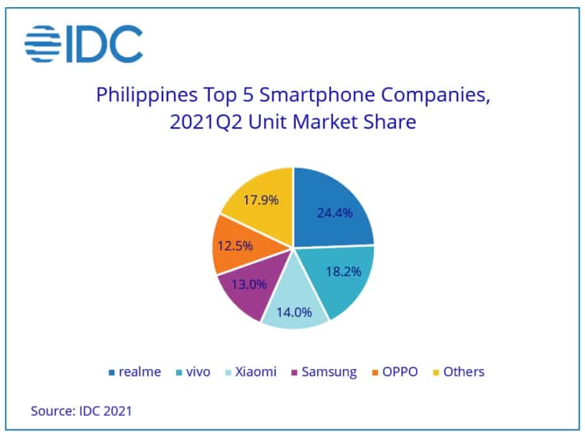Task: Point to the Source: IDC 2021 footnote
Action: tap(81, 411)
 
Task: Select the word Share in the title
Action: tap(393, 122)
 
